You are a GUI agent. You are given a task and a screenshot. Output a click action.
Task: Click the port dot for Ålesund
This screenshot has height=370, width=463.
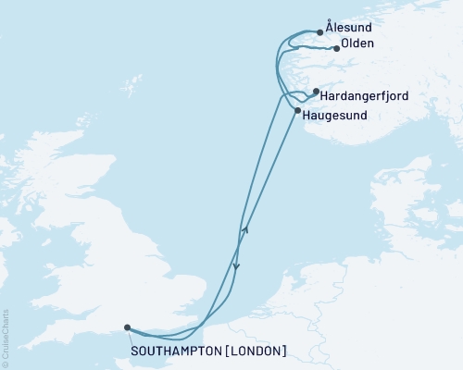320,32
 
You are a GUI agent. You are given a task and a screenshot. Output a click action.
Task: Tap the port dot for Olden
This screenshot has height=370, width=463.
336,49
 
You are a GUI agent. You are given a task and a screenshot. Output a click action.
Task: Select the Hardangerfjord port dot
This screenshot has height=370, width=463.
316,92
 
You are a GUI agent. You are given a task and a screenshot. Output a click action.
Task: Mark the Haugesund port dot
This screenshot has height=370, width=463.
297,111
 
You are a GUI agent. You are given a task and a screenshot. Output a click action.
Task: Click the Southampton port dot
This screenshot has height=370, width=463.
126,327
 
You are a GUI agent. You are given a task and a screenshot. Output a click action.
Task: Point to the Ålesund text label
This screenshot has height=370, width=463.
348,29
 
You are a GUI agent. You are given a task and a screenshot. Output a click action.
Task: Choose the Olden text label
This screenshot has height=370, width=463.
357,43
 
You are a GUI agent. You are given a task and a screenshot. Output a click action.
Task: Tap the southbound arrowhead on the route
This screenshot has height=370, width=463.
236,266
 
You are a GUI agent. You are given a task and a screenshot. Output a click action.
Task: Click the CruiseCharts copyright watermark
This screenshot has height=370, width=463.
6,338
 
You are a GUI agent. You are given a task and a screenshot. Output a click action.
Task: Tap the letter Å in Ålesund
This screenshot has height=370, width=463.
331,29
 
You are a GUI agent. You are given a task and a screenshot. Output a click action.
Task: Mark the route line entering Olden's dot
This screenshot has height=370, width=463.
326,48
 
